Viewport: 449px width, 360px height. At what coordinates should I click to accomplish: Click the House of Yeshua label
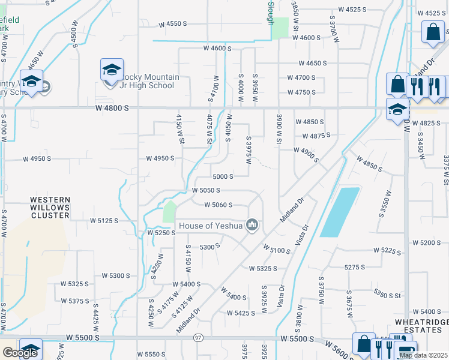click(x=210, y=226)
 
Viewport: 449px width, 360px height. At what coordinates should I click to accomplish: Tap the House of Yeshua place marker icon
click(x=253, y=226)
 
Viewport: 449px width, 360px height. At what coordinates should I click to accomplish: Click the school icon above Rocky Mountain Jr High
click(x=112, y=70)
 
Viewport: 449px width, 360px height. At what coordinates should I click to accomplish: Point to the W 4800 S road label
click(x=112, y=108)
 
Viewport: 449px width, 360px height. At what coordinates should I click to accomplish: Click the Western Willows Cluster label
click(x=50, y=207)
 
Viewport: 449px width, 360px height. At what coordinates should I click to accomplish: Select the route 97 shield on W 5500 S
click(x=198, y=338)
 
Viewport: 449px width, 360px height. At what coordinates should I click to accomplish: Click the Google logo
click(x=20, y=353)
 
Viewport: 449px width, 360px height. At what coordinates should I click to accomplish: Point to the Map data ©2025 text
click(x=423, y=355)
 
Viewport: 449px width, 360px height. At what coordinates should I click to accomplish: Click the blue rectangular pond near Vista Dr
click(x=340, y=211)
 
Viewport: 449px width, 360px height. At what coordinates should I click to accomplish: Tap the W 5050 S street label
click(x=206, y=190)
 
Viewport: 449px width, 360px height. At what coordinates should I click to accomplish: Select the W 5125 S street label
click(x=104, y=221)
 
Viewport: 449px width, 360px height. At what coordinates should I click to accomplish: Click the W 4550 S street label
click(x=173, y=25)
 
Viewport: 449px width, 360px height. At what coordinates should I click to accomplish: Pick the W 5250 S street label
click(x=161, y=232)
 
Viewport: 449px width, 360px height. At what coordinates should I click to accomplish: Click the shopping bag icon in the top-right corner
click(x=433, y=31)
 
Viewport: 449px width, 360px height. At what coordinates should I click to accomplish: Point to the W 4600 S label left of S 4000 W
click(x=217, y=48)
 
